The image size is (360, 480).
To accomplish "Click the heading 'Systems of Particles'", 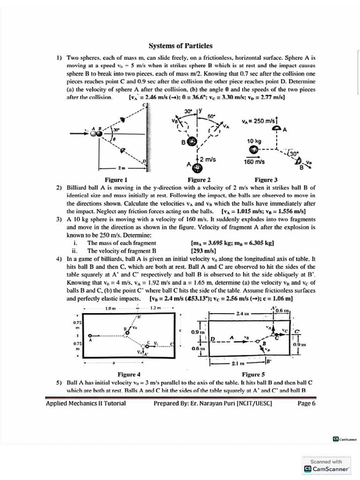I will click(180, 46).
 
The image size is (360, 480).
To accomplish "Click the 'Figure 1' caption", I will click(116, 180).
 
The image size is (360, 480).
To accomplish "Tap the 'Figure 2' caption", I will click(199, 180).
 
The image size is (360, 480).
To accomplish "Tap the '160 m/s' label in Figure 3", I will click(254, 162).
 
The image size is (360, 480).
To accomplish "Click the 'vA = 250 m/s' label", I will click(260, 120).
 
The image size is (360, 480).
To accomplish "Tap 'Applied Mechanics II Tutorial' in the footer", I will click(86, 403).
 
